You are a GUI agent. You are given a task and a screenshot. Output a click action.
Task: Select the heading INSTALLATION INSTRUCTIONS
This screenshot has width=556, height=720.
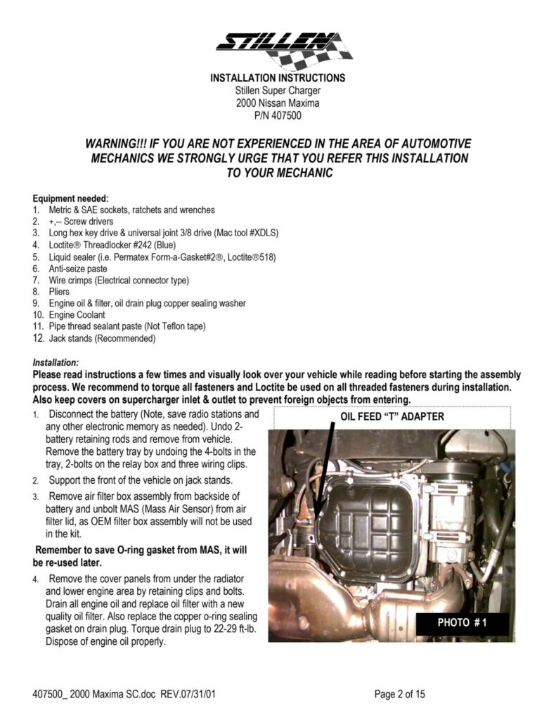coord(278,78)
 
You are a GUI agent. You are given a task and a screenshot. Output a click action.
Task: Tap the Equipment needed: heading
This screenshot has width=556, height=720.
coord(70,199)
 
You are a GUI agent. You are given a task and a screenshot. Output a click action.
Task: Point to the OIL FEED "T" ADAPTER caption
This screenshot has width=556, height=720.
coord(392,416)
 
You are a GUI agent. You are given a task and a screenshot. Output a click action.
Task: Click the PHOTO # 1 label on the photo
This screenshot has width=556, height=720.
coord(462,622)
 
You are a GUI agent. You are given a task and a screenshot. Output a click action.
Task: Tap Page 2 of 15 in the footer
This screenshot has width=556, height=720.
coord(400,695)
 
